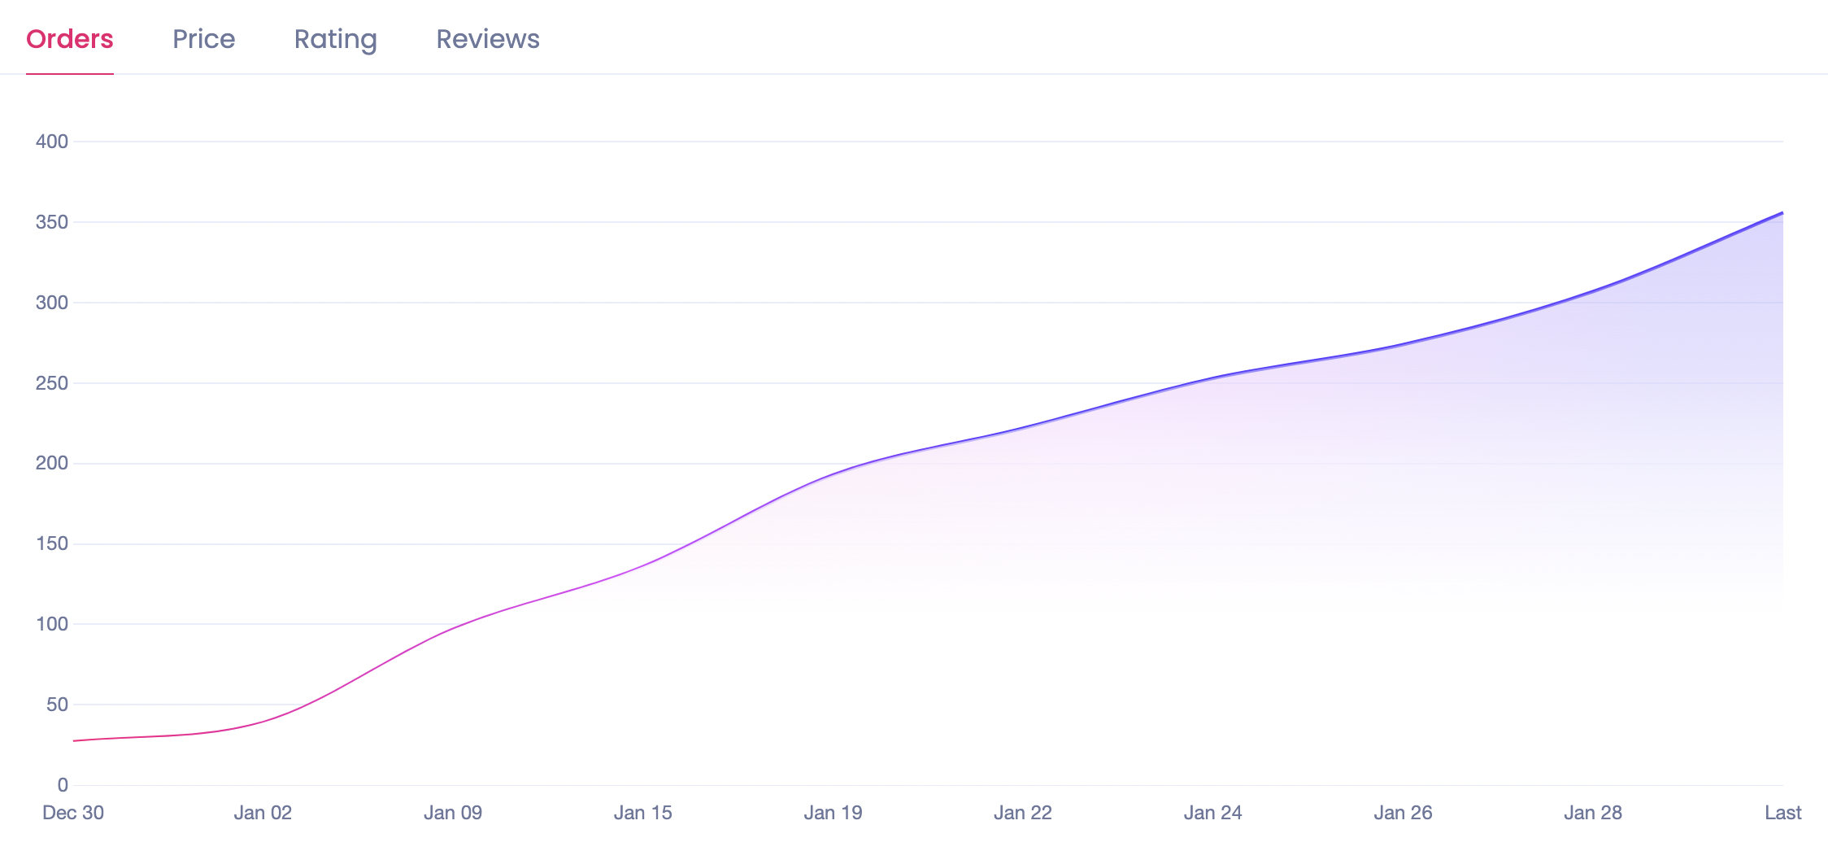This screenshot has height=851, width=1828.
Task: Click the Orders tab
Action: (70, 39)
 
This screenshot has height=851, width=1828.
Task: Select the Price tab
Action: (203, 39)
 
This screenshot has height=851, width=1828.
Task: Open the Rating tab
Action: (335, 39)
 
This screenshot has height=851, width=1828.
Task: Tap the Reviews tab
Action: (488, 39)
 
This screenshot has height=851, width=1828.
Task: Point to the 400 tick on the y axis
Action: (52, 142)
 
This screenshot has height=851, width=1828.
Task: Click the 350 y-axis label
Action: (52, 222)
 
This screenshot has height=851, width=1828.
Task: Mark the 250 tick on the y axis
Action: (52, 383)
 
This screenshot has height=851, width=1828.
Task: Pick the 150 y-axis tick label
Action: (52, 543)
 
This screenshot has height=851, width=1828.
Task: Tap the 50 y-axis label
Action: (57, 705)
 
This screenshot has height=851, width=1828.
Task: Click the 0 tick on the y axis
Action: (63, 785)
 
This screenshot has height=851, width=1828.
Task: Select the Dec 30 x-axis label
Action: (73, 813)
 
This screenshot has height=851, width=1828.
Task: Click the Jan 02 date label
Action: (263, 813)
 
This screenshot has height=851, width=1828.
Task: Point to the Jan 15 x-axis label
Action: (643, 813)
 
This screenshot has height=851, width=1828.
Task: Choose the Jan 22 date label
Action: (1023, 813)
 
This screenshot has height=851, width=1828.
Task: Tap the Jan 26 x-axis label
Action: (1404, 813)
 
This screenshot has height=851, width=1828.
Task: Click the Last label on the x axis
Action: (1782, 813)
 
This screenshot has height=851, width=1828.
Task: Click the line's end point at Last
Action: (1782, 213)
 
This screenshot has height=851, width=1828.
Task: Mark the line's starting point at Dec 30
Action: (74, 740)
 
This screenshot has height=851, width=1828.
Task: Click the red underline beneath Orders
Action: (70, 74)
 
